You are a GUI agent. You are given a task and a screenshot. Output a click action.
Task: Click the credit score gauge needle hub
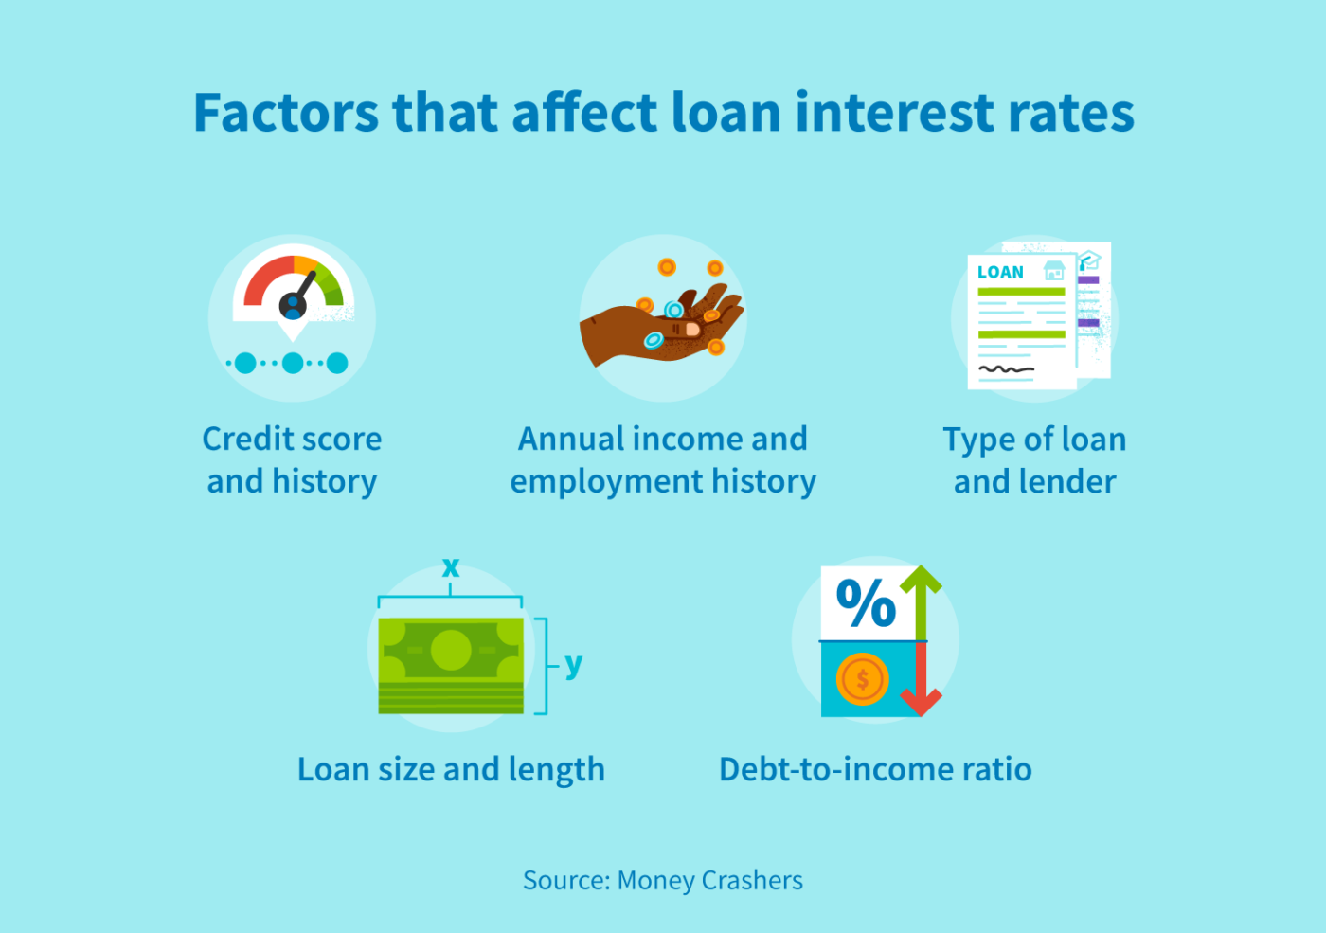click(293, 305)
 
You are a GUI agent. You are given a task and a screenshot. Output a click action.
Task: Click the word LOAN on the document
click(1000, 273)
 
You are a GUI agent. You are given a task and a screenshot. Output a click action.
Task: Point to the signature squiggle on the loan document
click(1006, 368)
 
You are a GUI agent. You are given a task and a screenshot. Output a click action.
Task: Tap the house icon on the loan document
click(1053, 272)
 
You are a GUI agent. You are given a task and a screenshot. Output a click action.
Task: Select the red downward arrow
click(920, 687)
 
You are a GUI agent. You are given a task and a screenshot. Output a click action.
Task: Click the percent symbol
click(866, 603)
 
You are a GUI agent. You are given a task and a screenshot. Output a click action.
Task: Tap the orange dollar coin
click(862, 679)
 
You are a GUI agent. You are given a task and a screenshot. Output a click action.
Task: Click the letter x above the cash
click(451, 567)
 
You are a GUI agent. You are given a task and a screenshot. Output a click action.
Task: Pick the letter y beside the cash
click(573, 664)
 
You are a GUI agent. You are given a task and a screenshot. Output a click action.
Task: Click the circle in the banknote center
click(451, 651)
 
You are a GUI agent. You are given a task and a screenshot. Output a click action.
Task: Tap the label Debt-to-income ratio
click(875, 769)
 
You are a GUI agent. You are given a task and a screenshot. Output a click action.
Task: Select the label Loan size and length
click(451, 769)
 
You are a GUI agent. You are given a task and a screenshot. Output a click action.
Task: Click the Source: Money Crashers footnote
click(663, 881)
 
